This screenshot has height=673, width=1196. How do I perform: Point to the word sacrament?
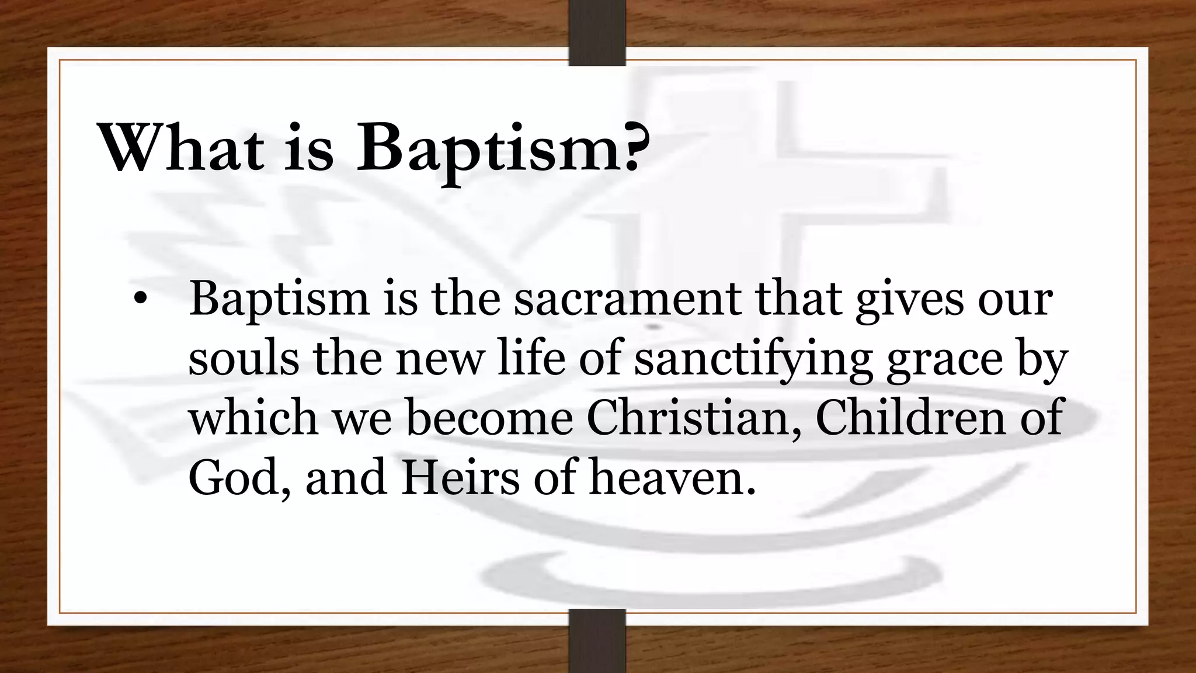[627, 299]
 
